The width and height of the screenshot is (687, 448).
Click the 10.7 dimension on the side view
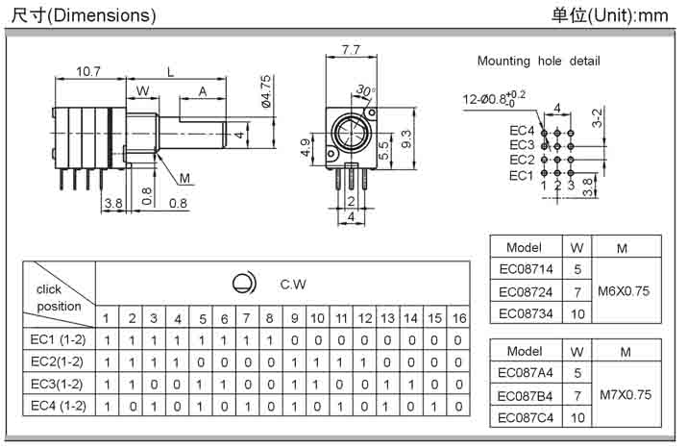click(x=88, y=71)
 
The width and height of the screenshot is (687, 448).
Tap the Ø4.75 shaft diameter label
click(x=266, y=91)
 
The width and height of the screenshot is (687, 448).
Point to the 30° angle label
click(x=365, y=90)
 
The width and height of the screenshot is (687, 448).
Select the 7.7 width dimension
click(x=351, y=50)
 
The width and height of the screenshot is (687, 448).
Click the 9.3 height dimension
click(x=406, y=138)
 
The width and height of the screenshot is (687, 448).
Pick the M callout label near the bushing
click(x=184, y=179)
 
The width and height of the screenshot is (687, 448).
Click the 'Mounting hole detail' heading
click(x=538, y=61)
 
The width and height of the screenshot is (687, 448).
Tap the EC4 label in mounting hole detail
click(x=522, y=131)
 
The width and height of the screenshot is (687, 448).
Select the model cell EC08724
click(x=526, y=291)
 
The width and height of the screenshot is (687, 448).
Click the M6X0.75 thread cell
click(x=624, y=291)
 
